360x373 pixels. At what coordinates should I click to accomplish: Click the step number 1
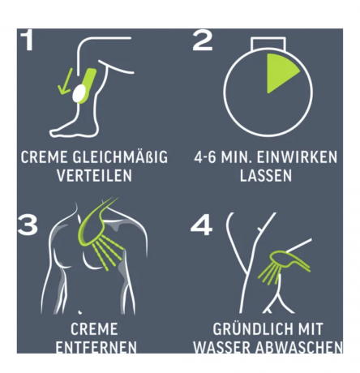[28, 40]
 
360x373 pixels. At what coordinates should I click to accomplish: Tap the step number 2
[203, 40]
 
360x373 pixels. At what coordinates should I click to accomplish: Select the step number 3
[28, 225]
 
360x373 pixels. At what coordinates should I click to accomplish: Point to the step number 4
[201, 225]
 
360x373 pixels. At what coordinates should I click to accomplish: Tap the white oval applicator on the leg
[79, 93]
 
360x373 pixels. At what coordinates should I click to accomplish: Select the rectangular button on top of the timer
[268, 43]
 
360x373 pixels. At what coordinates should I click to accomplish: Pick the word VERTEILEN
[95, 175]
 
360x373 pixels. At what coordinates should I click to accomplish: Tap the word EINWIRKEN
[297, 157]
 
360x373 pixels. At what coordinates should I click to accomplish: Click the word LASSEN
[266, 175]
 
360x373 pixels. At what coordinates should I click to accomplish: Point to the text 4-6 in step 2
[205, 157]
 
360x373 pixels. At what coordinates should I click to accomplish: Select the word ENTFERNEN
[96, 347]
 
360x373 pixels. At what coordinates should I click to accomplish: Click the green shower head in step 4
[283, 259]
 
